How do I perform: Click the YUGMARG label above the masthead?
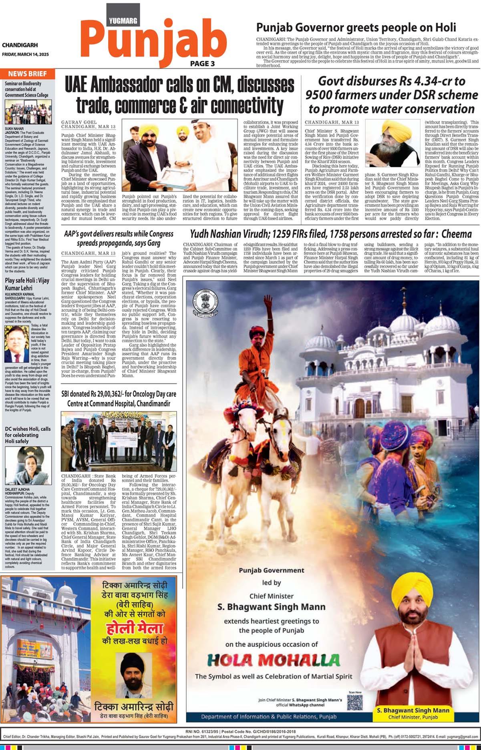pyautogui.click(x=123, y=20)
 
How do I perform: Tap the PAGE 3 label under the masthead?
pyautogui.click(x=202, y=63)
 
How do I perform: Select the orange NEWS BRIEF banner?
pyautogui.click(x=28, y=74)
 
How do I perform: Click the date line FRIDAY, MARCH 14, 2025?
pyautogui.click(x=25, y=54)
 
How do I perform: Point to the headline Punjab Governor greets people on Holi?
pyautogui.click(x=356, y=27)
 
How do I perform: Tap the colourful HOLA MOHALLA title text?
pyautogui.click(x=274, y=660)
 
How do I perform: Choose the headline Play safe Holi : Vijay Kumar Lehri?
pyautogui.click(x=27, y=284)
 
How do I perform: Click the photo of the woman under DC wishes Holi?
pyautogui.click(x=28, y=465)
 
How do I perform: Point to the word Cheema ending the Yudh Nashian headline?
pyautogui.click(x=457, y=234)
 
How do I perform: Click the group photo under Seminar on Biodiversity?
pyautogui.click(x=28, y=112)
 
